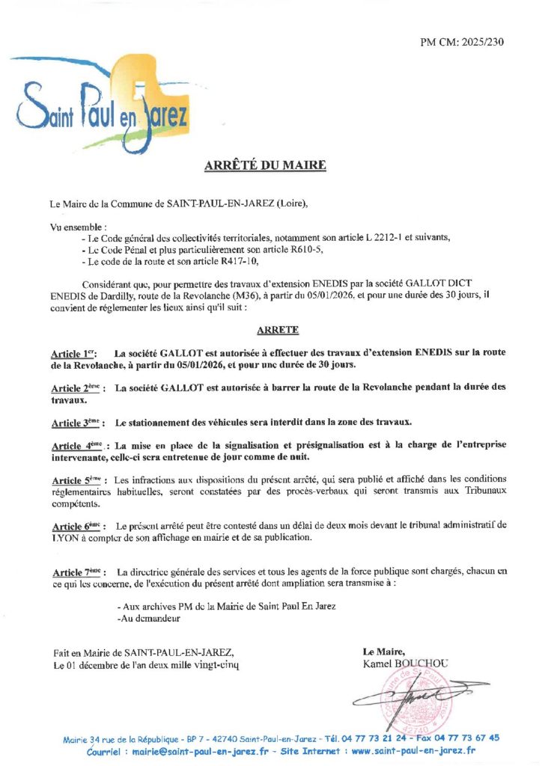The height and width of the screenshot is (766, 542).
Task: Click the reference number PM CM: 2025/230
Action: point(462,42)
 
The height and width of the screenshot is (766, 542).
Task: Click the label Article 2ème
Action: point(76,388)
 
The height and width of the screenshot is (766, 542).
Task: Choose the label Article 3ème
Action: point(76,423)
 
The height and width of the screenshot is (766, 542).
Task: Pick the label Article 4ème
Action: point(76,444)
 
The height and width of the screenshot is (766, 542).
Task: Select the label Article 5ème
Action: point(76,479)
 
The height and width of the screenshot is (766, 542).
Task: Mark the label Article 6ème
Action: point(76,527)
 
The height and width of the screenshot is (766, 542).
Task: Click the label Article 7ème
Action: point(76,572)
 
